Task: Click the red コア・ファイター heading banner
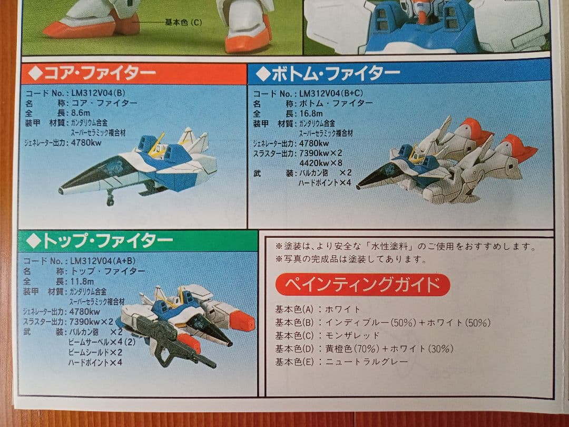point(134,74)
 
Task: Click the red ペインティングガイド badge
point(362,285)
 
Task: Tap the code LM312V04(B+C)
point(330,93)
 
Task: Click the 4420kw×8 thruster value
point(320,162)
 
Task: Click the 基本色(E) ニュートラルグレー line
point(341,362)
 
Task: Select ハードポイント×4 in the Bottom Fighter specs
point(324,182)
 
